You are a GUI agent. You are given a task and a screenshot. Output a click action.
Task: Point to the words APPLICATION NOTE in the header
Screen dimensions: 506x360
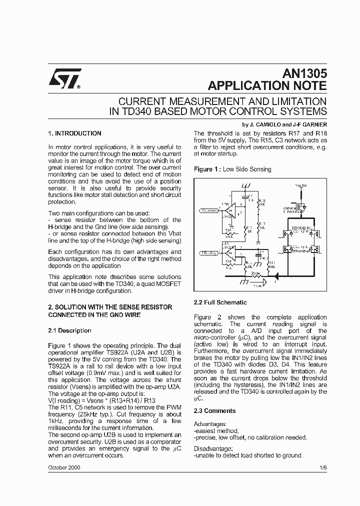(x=267, y=85)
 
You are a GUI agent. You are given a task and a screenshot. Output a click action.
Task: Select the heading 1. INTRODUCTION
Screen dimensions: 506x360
(x=74, y=133)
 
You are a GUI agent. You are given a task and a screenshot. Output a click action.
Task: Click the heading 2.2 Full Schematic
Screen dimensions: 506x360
(x=220, y=302)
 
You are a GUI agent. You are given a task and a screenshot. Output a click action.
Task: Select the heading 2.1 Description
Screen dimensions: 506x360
(x=69, y=330)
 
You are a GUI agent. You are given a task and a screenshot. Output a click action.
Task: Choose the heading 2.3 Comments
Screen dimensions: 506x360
(x=214, y=411)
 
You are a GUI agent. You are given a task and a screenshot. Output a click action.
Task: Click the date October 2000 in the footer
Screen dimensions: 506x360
(x=64, y=468)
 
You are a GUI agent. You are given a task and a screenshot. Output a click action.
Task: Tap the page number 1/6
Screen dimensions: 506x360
(x=322, y=468)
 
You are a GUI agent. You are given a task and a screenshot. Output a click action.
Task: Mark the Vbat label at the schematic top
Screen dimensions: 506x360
(x=301, y=185)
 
